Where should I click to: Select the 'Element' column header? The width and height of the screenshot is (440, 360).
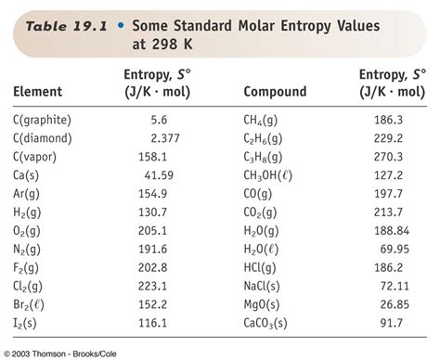click(38, 92)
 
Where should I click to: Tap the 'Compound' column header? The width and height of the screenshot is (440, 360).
click(274, 92)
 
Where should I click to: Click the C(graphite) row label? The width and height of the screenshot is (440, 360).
click(44, 121)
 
